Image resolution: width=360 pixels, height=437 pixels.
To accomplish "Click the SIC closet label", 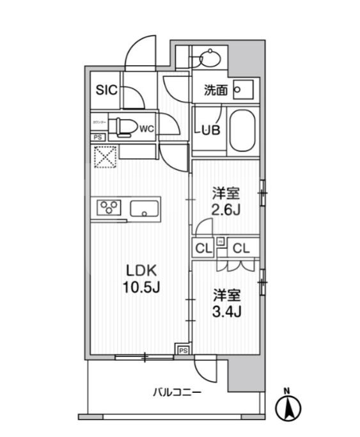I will click(x=106, y=90).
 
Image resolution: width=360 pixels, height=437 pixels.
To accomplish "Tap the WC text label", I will click(x=146, y=128).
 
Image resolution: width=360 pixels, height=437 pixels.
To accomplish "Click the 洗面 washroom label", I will click(x=215, y=90).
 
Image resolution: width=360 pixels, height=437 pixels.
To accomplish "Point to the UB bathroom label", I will click(x=210, y=129).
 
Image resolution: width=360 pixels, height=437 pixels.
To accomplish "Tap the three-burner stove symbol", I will click(x=109, y=208).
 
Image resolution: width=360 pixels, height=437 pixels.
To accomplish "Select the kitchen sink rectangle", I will click(x=146, y=208).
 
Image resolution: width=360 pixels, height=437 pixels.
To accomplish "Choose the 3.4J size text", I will click(x=226, y=312).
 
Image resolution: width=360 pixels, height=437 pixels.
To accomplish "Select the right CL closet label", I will click(x=241, y=248).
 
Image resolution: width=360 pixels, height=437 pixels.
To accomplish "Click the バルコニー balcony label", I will click(x=177, y=392).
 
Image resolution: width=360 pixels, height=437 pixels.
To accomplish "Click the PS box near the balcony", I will click(x=182, y=350).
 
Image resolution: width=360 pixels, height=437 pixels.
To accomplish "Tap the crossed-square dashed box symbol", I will click(x=103, y=157).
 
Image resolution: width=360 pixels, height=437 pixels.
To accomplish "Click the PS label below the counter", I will click(x=97, y=137).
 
